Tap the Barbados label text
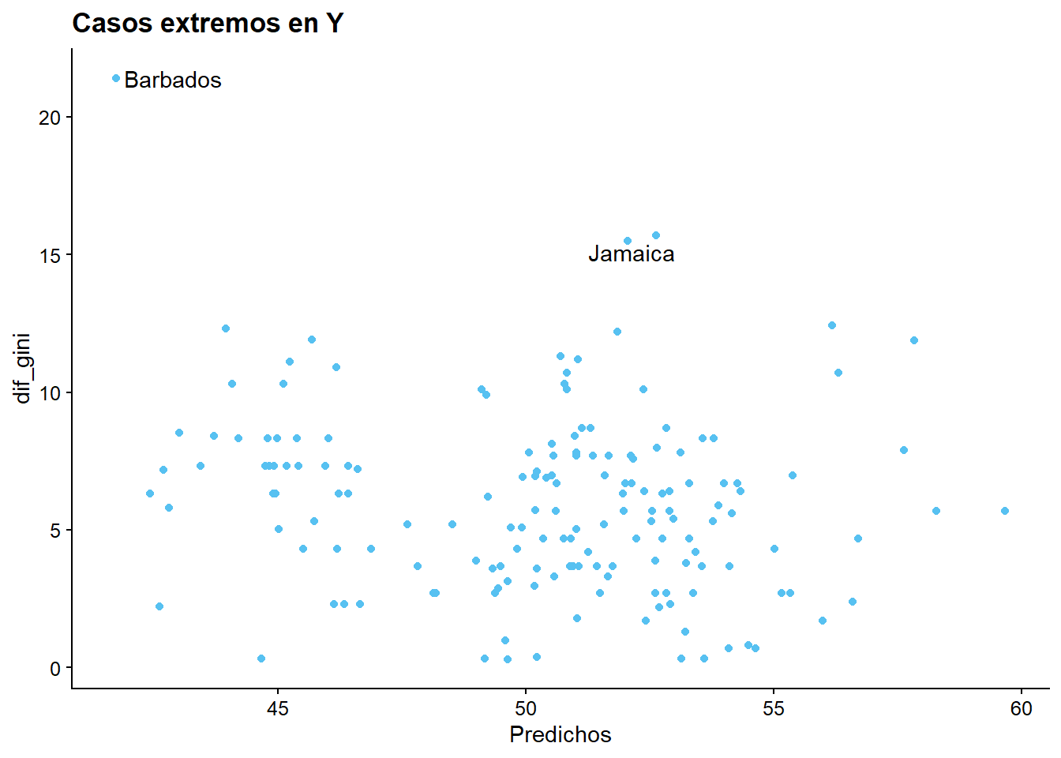coord(173,81)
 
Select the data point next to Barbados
coord(116,78)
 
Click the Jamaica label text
coord(631,254)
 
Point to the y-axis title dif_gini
coord(23,368)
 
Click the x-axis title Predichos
coord(560,735)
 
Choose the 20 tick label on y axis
coord(50,118)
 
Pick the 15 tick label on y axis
coord(50,255)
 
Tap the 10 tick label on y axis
coord(50,393)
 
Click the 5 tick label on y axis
coord(55,531)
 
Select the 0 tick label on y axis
coord(55,669)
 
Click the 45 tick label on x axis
coord(278,709)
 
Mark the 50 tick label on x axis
coord(526,709)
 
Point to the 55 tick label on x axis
coord(774,709)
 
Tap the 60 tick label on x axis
coord(1022,709)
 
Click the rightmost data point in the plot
coord(1005,511)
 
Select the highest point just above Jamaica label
coord(655,235)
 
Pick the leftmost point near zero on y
coord(261,659)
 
